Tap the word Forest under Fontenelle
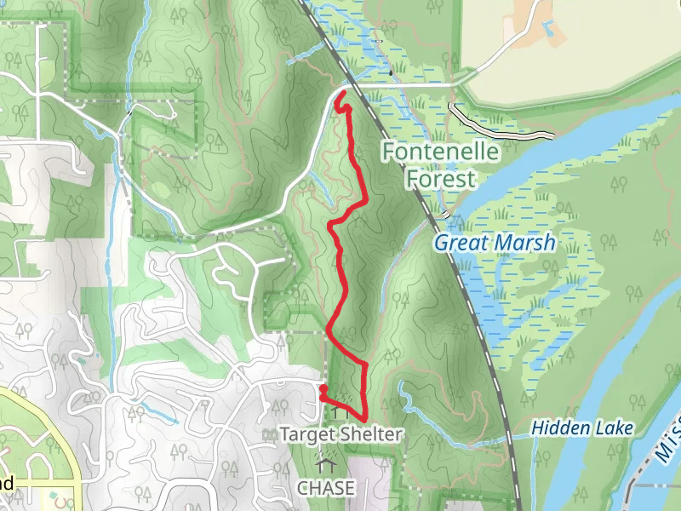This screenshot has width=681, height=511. [x=440, y=180]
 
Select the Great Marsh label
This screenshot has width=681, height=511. [x=494, y=243]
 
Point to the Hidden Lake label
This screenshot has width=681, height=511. [x=582, y=428]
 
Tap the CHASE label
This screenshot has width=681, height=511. [x=323, y=488]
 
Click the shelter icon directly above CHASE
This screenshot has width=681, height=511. [x=323, y=464]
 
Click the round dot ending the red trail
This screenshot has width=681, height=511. [x=323, y=390]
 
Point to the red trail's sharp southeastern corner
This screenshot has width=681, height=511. [x=365, y=419]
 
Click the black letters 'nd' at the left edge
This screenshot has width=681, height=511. [x=6, y=484]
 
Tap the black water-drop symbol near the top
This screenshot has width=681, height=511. [x=391, y=72]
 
